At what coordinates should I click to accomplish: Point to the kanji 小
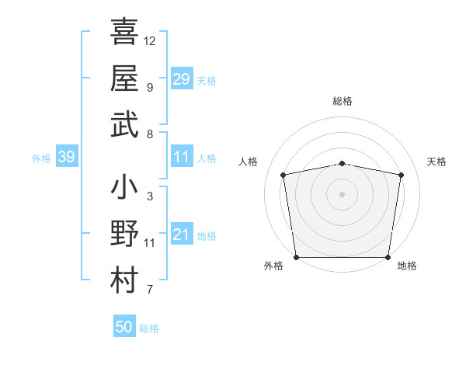[124, 187]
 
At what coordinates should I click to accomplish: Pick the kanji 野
[124, 234]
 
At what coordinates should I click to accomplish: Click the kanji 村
[124, 281]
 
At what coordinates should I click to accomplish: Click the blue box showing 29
[181, 79]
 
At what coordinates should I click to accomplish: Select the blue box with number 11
[181, 158]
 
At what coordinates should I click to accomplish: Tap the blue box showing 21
[181, 235]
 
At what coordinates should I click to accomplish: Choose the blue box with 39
[66, 158]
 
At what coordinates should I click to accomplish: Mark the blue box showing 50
[123, 327]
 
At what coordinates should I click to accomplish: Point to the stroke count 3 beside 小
[149, 196]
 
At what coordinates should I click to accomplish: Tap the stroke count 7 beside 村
[149, 290]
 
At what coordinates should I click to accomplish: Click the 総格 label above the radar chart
[343, 101]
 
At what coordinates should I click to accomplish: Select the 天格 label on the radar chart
[437, 162]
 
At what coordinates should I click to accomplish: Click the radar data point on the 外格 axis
[296, 257]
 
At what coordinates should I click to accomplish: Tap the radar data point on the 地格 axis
[388, 257]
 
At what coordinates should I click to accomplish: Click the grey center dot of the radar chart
[343, 193]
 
